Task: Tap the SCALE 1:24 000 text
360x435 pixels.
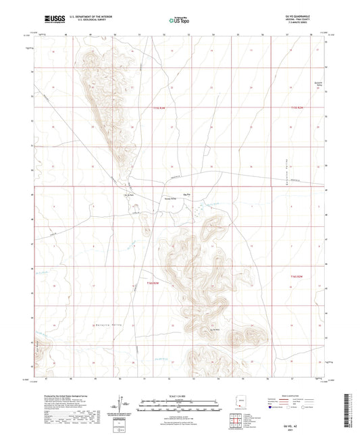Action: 180,396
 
